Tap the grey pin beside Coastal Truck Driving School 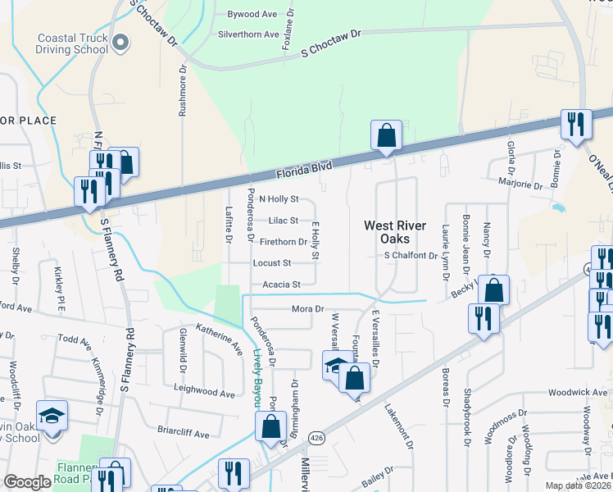point(121,42)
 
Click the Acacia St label point(282,285)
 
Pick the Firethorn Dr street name point(283,242)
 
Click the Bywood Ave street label point(252,15)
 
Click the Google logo point(27,482)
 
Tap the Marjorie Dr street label point(521,185)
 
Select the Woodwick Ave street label point(578,392)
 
